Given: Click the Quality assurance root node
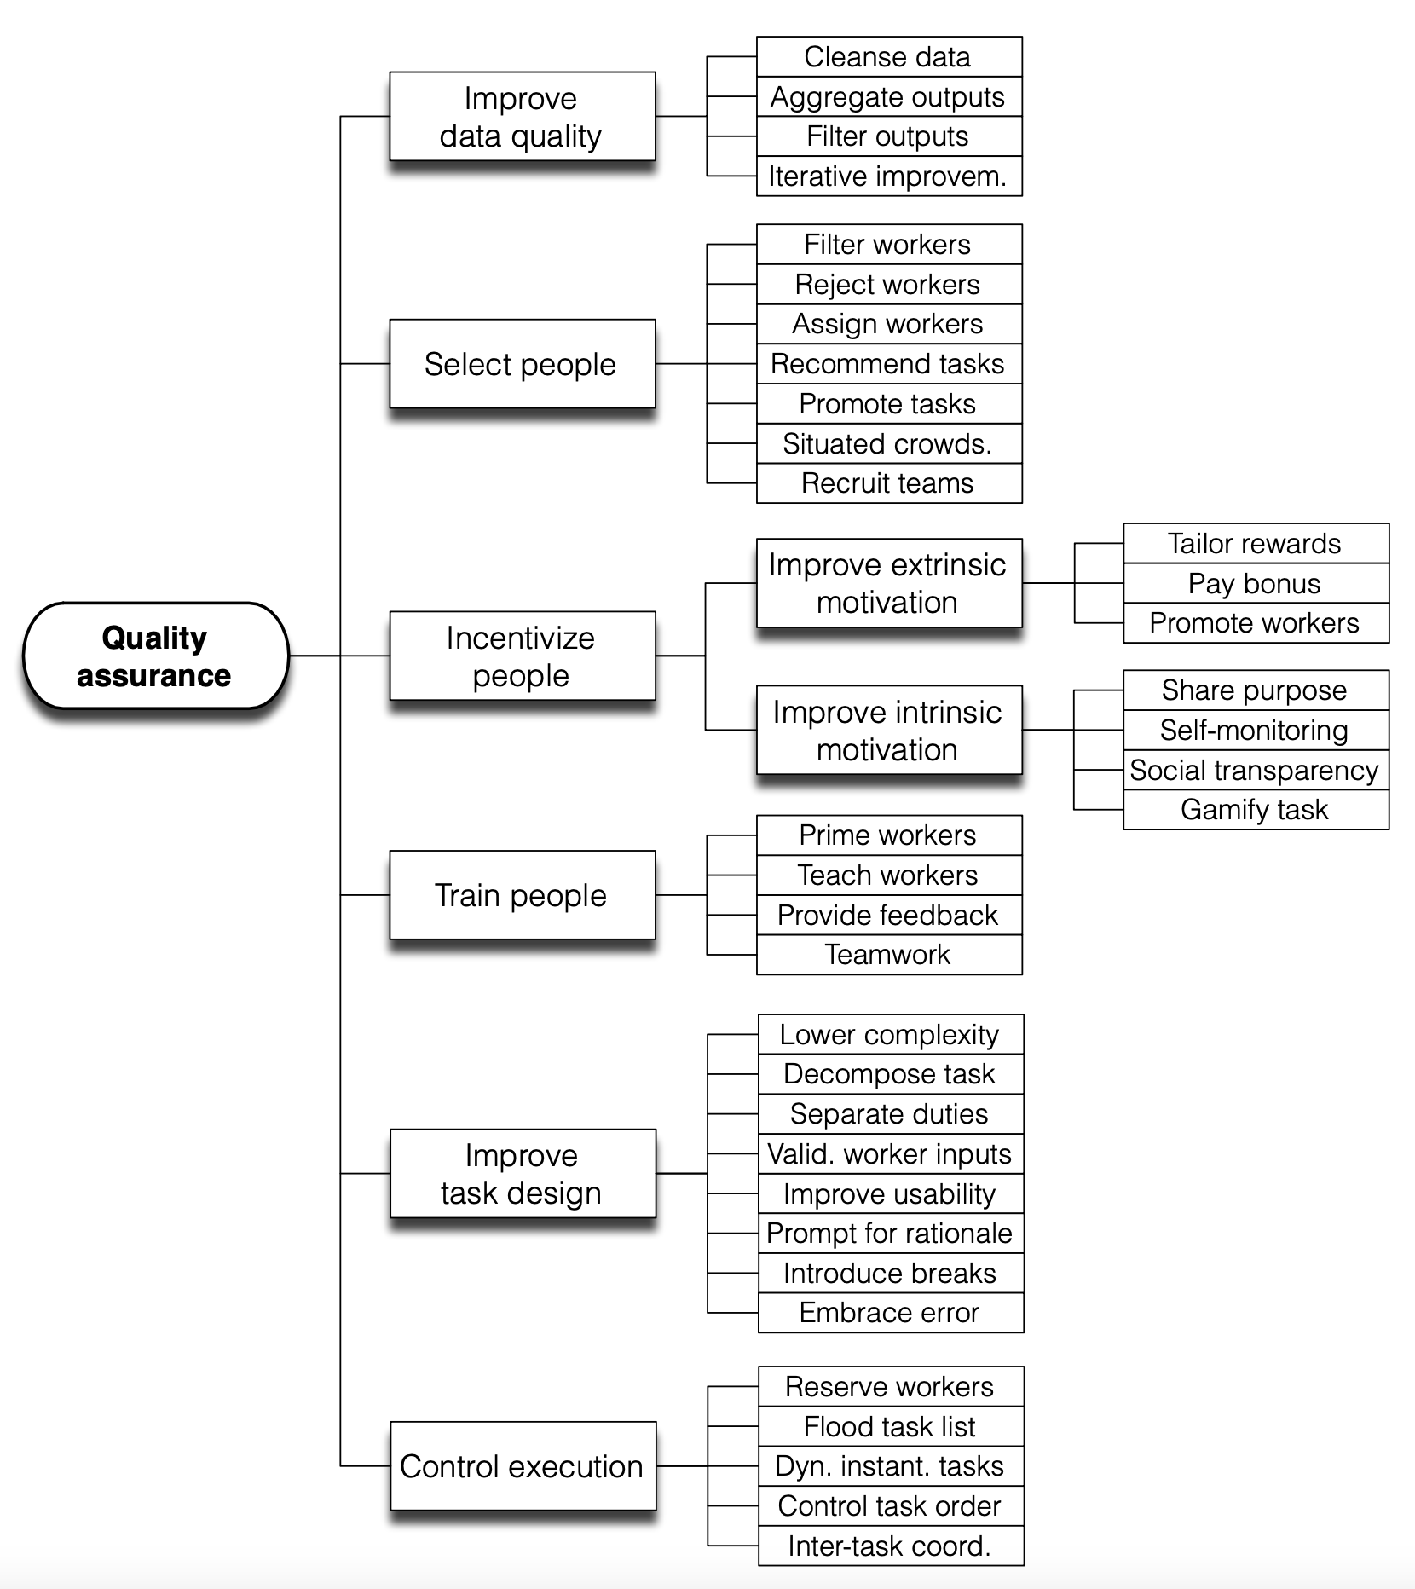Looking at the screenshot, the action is pos(156,656).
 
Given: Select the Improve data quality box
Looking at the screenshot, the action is pos(523,116).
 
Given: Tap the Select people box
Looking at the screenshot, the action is pos(523,364).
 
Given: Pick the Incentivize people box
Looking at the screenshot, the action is pos(523,656).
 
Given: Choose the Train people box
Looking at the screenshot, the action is pos(523,895).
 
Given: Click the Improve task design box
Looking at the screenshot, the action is pos(523,1174).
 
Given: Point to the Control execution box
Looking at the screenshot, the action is pos(523,1466).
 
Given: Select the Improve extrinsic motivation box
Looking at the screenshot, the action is pos(889,583).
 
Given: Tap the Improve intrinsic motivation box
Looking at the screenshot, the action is pos(889,731).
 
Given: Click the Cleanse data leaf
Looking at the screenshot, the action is pos(889,56).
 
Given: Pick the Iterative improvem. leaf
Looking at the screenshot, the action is pos(889,176).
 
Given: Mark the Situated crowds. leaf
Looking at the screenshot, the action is pos(889,443).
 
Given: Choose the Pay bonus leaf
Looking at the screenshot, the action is pos(1256,583).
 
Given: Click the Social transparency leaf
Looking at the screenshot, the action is pos(1256,770).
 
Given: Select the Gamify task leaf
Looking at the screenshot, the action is pos(1256,810).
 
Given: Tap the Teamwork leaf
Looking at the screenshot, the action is pos(889,955).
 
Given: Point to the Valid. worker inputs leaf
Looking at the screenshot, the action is pos(891,1153).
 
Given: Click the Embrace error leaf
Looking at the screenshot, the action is pos(891,1313).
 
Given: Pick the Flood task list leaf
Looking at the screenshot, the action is pos(891,1426).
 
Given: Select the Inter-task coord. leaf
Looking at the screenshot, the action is pos(891,1546).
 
